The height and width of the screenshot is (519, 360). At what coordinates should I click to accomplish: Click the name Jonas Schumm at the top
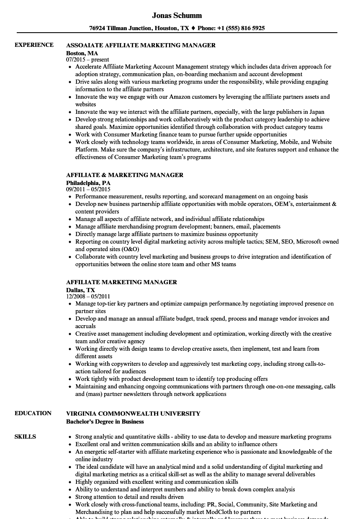(x=177, y=15)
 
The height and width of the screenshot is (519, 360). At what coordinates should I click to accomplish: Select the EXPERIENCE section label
(x=34, y=45)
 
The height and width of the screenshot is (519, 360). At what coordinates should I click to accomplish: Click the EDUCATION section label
(x=33, y=413)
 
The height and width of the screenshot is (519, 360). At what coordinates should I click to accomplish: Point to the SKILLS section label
(x=25, y=437)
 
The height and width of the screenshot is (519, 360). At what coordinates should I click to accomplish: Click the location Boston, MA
(x=82, y=53)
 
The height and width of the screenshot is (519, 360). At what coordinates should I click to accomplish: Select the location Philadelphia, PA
(x=88, y=183)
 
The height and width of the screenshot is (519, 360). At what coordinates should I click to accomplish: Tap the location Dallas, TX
(x=80, y=290)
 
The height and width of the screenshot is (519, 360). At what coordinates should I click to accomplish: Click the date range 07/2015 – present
(x=87, y=60)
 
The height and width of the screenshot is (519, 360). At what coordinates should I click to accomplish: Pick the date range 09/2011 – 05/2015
(x=88, y=189)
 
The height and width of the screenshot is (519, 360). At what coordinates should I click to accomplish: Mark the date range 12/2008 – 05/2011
(x=88, y=297)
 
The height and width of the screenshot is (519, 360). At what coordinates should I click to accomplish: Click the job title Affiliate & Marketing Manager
(x=125, y=175)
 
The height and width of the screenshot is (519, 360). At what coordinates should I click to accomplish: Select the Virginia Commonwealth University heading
(x=133, y=414)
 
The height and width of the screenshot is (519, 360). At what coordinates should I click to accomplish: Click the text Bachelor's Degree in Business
(x=105, y=421)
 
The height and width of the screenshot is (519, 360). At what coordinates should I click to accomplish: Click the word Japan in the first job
(x=316, y=112)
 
